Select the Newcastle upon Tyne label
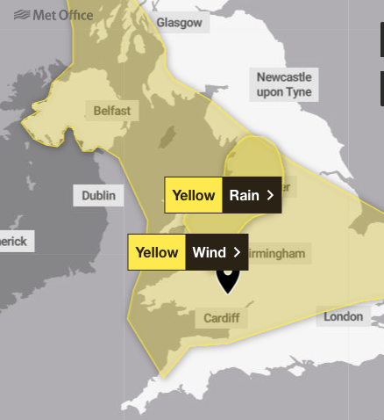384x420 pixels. click(283, 84)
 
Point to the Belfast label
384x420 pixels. click(111, 111)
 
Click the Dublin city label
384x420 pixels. click(98, 196)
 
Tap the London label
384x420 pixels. click(343, 316)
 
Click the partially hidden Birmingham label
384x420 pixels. click(278, 254)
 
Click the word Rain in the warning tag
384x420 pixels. click(244, 195)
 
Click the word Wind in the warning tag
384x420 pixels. click(210, 252)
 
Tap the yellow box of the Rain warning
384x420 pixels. click(194, 195)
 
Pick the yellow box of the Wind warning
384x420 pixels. click(157, 252)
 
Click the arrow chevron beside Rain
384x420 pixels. click(270, 195)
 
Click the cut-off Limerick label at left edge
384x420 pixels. click(14, 241)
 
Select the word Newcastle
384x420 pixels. click(283, 77)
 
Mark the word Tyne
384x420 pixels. click(297, 91)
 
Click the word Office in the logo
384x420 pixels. click(75, 15)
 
